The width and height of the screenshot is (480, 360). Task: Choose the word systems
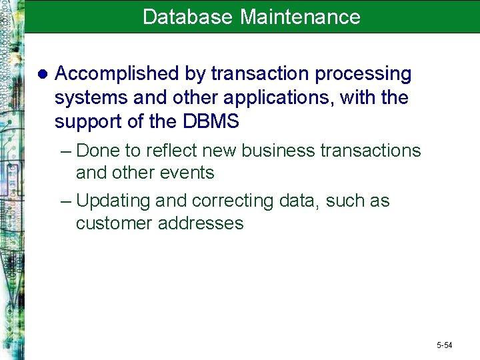91,98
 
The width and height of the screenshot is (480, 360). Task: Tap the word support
91,122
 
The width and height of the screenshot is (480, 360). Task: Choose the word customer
114,223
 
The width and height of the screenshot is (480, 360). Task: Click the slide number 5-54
444,345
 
